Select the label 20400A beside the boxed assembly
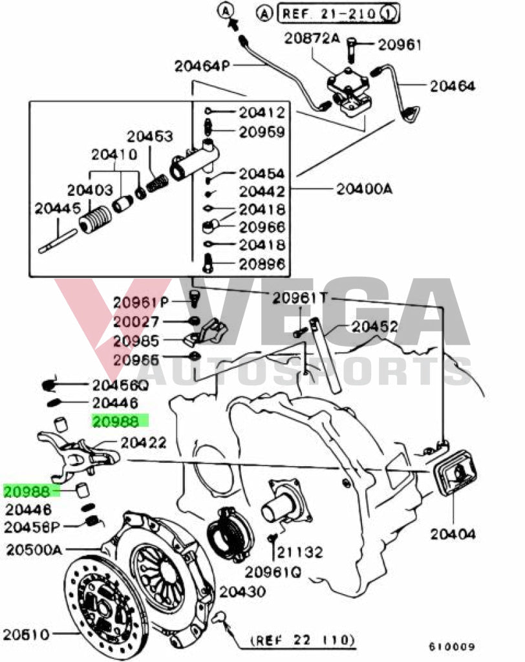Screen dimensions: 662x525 [x=363, y=189]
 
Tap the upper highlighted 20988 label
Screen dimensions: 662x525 [x=116, y=422]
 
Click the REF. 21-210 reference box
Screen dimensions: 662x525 [x=338, y=12]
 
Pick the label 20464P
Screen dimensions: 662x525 [x=202, y=66]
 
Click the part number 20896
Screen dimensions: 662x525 [x=262, y=264]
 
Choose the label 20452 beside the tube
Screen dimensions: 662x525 [x=374, y=327]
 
